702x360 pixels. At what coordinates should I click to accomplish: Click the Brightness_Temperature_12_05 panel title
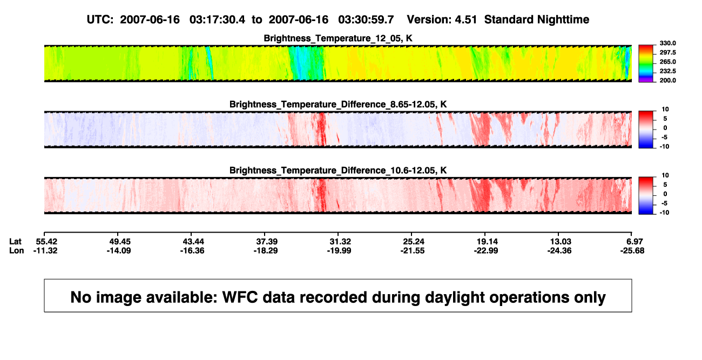pos(338,38)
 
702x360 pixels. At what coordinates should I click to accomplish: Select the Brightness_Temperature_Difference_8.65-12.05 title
pos(338,104)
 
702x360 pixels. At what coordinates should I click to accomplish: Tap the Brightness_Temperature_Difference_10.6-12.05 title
pos(338,171)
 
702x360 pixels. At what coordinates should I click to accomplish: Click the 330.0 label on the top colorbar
pos(667,43)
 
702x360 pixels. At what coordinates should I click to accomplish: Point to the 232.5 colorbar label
pos(667,71)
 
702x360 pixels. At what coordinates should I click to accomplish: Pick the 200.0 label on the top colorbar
pos(667,80)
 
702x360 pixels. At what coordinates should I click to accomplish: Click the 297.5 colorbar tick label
pos(667,52)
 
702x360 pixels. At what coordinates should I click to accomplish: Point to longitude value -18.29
pos(266,250)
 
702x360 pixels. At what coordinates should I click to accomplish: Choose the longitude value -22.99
pos(486,250)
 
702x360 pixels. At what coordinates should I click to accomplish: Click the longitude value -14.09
pos(118,250)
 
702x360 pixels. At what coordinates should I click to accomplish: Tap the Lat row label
pos(15,242)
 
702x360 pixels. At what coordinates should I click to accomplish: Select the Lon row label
pos(17,250)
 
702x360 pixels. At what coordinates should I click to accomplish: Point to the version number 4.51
pos(465,20)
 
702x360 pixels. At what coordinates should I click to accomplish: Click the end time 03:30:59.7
pos(366,20)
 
